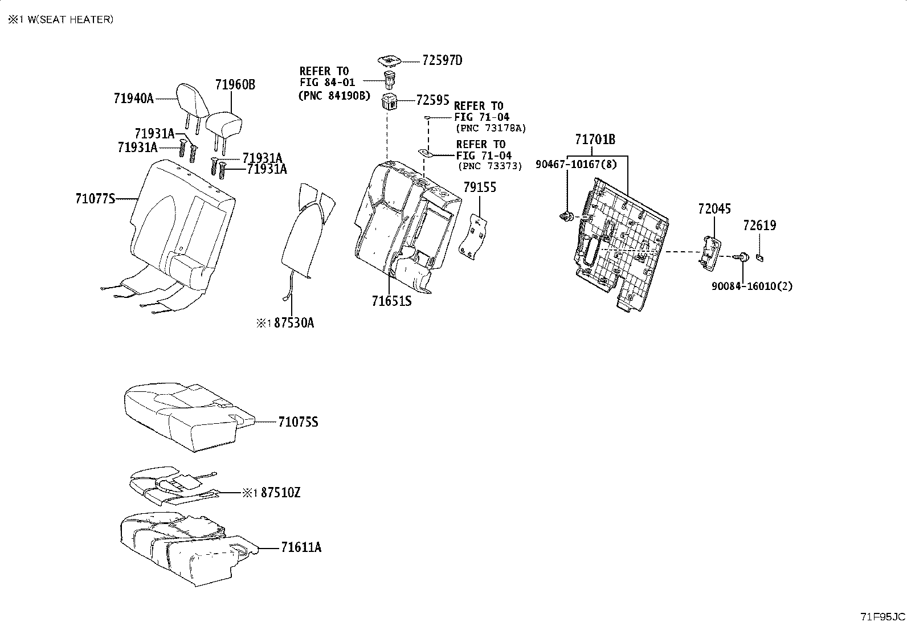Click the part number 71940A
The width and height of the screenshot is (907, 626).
pyautogui.click(x=133, y=99)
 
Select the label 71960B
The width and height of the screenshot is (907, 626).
pyautogui.click(x=235, y=85)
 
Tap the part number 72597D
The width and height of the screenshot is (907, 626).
pyautogui.click(x=442, y=60)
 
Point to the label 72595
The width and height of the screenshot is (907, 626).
pyautogui.click(x=432, y=100)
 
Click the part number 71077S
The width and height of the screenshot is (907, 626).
pyautogui.click(x=95, y=199)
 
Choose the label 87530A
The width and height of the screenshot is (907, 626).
pyautogui.click(x=293, y=323)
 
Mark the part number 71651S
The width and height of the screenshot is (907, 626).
pyautogui.click(x=391, y=301)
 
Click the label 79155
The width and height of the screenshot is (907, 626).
pyautogui.click(x=479, y=187)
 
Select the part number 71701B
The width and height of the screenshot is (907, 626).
pyautogui.click(x=595, y=140)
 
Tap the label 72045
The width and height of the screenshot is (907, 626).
pyautogui.click(x=714, y=209)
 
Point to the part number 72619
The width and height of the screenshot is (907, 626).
pyautogui.click(x=759, y=226)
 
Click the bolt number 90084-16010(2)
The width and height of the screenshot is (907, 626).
pyautogui.click(x=751, y=286)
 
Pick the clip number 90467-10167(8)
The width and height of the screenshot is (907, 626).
pyautogui.click(x=576, y=165)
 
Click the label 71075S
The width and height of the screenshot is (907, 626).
pyautogui.click(x=298, y=422)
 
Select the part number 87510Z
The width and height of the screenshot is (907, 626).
pyautogui.click(x=280, y=493)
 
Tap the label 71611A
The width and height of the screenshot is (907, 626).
pyautogui.click(x=301, y=547)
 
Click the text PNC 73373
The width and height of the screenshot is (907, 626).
pyautogui.click(x=490, y=166)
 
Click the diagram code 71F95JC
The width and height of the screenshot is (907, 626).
pyautogui.click(x=882, y=616)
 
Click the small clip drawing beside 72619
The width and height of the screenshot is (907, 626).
pyautogui.click(x=759, y=257)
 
